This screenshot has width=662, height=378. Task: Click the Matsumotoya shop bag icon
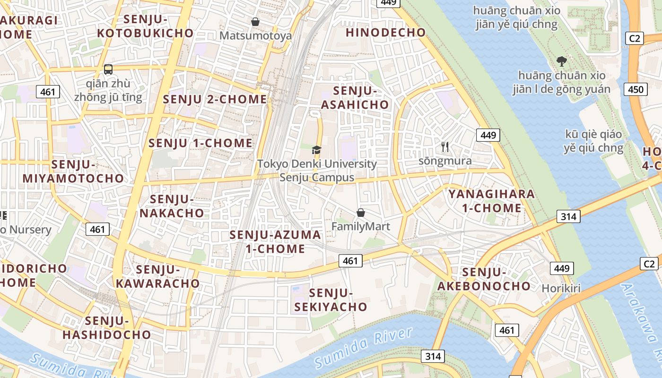coord(255,22)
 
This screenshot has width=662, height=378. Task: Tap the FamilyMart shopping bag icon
coord(361,213)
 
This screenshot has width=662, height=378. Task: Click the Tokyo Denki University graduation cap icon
coord(316,150)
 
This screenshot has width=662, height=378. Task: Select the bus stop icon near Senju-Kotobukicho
coord(108,69)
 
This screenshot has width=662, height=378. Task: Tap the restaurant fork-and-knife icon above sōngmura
coord(445,147)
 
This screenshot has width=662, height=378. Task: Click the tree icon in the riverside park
coord(562,61)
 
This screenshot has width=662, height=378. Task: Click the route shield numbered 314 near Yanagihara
coord(568,216)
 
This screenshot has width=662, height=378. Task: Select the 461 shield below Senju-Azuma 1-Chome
coord(350,260)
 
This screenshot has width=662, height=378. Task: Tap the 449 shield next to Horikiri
coord(562,268)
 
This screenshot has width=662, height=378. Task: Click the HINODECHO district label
coord(386,33)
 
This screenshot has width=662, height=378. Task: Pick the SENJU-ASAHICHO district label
coord(355,98)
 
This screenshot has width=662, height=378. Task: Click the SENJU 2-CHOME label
coord(215,99)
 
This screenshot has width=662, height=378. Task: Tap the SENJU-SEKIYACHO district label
coord(331,300)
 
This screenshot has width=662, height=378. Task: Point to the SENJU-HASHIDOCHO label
coord(107,328)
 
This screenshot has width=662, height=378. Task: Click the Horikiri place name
coord(561,288)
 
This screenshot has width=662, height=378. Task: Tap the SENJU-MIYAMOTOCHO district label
coord(73,172)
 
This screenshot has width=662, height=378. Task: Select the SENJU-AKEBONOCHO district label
coord(484,279)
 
